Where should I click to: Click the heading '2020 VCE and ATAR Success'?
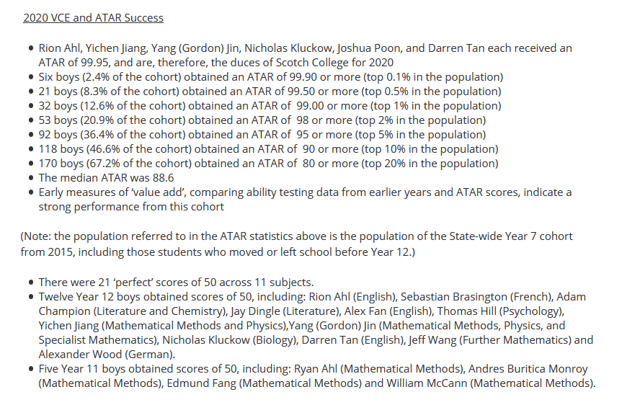93,18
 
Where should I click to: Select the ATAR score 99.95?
86,63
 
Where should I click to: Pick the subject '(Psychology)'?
532,311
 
